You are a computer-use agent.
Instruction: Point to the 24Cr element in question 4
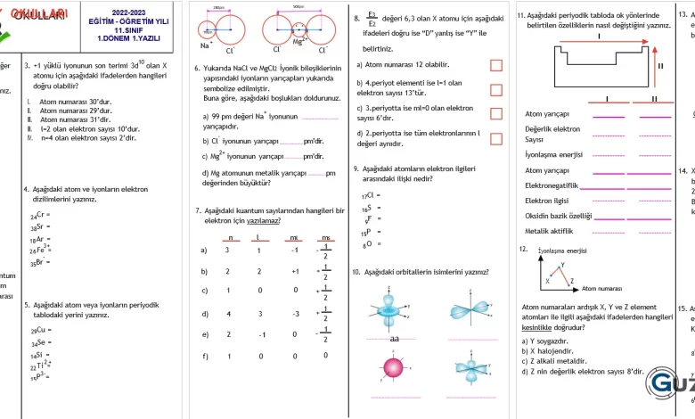[39, 215]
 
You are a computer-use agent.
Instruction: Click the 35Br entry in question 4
[39, 262]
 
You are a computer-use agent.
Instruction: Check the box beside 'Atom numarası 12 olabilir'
[496, 65]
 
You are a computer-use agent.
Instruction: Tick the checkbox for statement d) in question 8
[496, 139]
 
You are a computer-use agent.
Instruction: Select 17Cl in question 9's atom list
[367, 194]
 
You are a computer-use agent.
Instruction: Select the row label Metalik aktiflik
[549, 231]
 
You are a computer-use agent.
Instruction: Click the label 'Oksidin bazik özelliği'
[559, 216]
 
